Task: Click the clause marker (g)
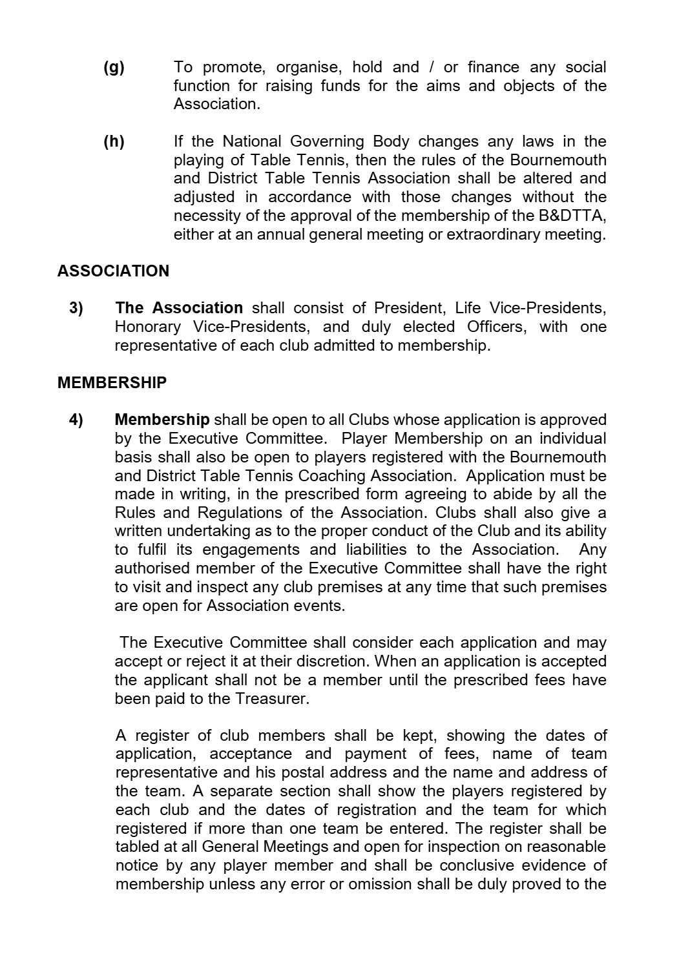(114, 68)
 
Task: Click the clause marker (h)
(114, 141)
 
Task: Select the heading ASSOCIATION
(113, 271)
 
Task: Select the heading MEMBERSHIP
(112, 383)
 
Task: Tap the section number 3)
(76, 308)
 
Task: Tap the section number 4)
(76, 420)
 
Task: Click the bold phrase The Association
(178, 308)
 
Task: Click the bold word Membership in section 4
(161, 420)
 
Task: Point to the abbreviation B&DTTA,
(574, 216)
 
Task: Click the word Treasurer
(272, 699)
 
